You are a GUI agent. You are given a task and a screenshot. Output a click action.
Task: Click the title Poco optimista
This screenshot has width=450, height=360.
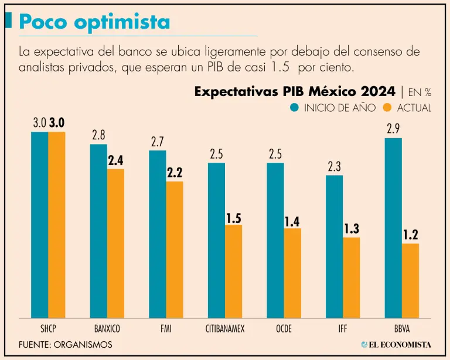[94, 22]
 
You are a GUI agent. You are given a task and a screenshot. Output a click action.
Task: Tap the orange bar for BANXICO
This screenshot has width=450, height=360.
[115, 242]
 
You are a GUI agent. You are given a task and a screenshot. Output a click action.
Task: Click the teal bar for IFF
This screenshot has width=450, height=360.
[334, 246]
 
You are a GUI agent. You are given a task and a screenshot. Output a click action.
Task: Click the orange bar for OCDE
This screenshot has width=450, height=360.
[292, 272]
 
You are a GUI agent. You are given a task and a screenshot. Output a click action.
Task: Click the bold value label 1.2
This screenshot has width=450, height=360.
[410, 235]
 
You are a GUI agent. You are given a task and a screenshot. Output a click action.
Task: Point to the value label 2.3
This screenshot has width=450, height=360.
[334, 166]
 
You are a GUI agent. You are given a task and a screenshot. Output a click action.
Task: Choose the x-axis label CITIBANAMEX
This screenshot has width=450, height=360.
[225, 328]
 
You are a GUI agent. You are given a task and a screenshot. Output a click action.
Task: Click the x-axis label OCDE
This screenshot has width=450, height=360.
[284, 328]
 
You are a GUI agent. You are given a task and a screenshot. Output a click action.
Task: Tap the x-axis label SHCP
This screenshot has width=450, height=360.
[48, 328]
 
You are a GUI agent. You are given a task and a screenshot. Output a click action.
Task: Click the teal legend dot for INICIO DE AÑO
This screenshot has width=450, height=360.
[294, 108]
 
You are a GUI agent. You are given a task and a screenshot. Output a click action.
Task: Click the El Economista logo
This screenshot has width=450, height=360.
[396, 345]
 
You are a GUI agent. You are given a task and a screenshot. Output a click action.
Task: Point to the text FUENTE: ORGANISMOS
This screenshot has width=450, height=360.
[65, 345]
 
